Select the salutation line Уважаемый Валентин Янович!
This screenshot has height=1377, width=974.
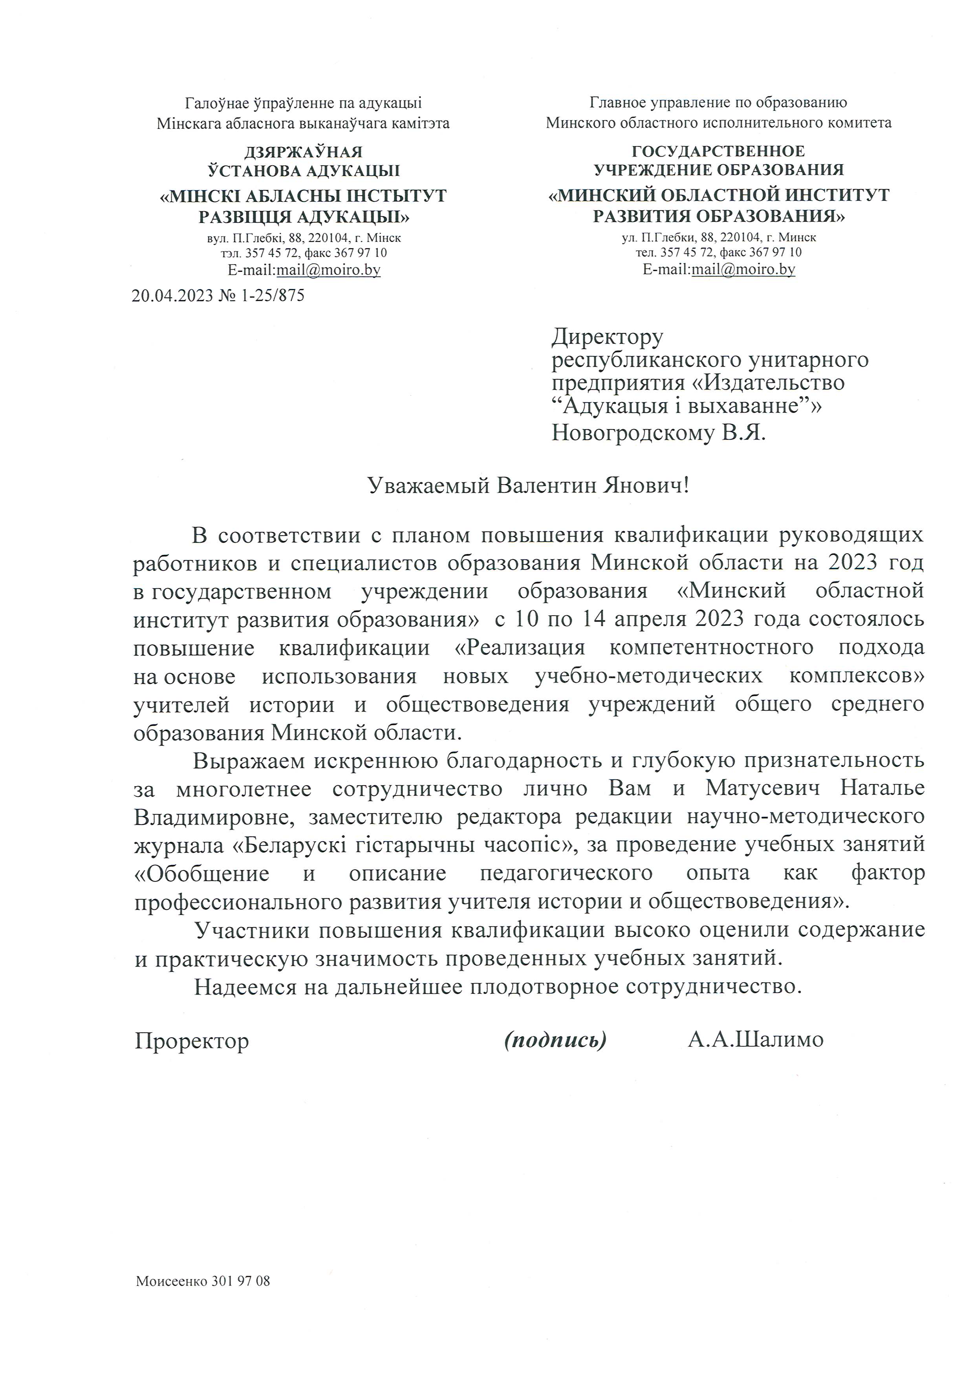point(528,485)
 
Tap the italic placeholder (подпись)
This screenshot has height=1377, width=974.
point(555,1039)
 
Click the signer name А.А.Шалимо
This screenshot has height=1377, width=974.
point(756,1039)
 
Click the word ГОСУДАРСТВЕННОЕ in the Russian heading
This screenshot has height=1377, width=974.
point(718,151)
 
